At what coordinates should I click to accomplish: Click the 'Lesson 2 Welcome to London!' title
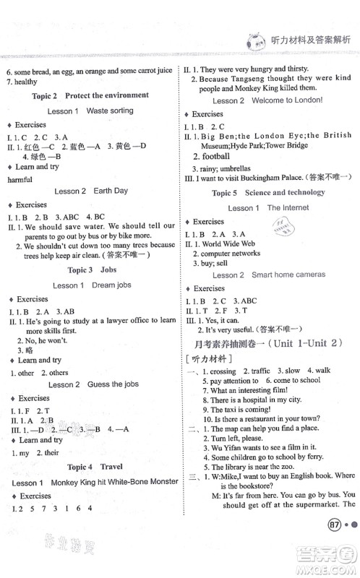(271, 100)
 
